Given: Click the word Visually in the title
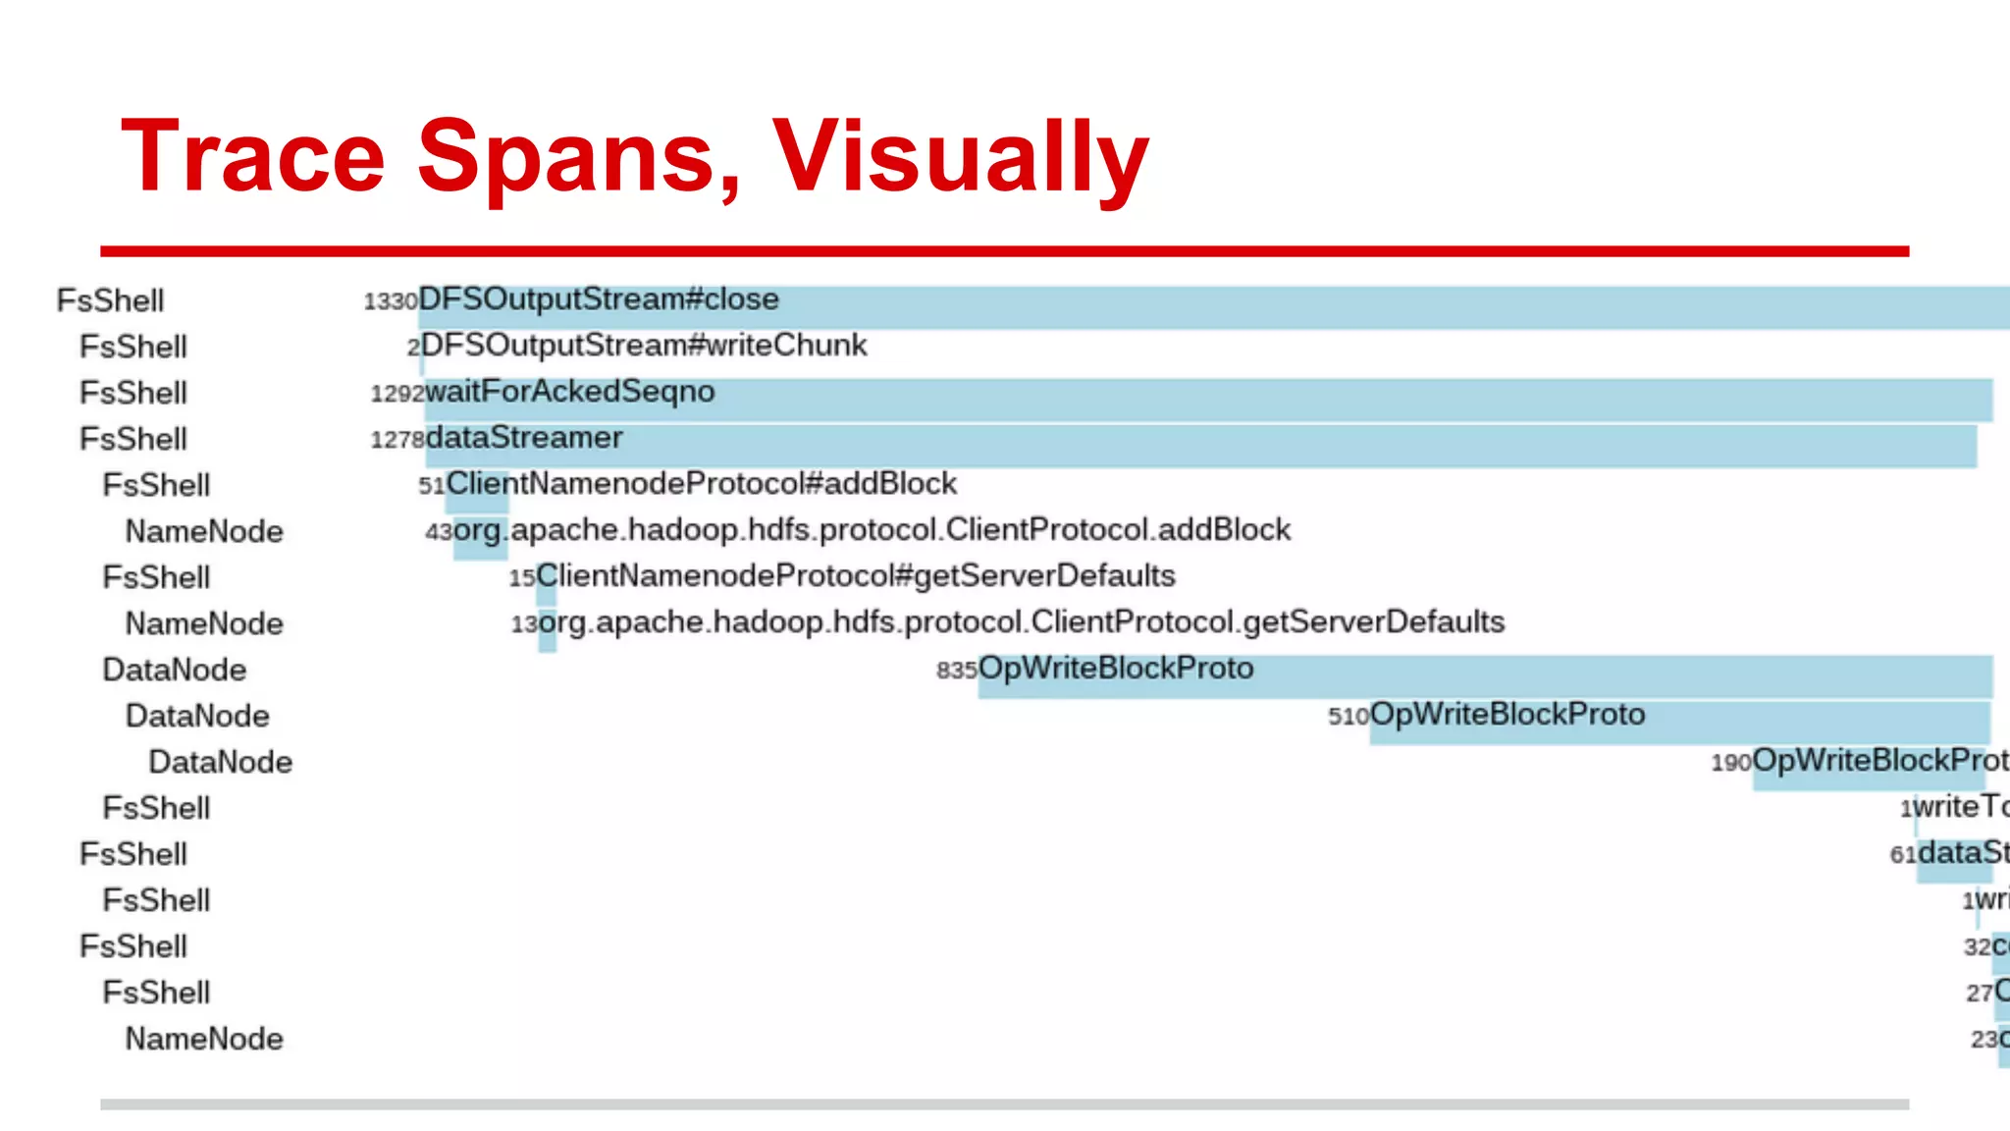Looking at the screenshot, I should coord(960,157).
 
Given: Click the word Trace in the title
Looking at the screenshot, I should coord(253,157).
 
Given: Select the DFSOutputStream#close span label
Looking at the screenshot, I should coord(599,299).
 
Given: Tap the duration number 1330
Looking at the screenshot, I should coord(391,301).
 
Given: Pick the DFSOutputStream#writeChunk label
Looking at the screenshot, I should coord(644,346).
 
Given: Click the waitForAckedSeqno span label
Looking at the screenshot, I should coord(570,392).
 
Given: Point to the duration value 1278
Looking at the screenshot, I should coord(397,440).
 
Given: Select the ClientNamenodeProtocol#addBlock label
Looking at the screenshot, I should coord(702,484).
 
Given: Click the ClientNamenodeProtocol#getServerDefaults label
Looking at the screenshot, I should coord(856,576).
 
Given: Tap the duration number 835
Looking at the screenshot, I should coord(956,671).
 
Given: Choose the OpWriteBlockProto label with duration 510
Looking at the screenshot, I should coord(1507,715).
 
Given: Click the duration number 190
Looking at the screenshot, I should coord(1731,763).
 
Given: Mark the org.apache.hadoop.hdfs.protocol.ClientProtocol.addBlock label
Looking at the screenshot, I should coord(873,530).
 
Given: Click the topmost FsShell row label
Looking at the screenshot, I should coord(110,300).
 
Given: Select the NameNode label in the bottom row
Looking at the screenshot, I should coord(204,1039).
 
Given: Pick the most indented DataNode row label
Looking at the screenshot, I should coord(221,762).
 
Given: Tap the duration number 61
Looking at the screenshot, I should coord(1903,855).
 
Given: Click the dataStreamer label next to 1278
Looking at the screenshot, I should coord(524,438).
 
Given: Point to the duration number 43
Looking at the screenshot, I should coord(439,532).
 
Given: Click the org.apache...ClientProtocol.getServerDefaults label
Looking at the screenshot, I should coord(1022,622).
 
